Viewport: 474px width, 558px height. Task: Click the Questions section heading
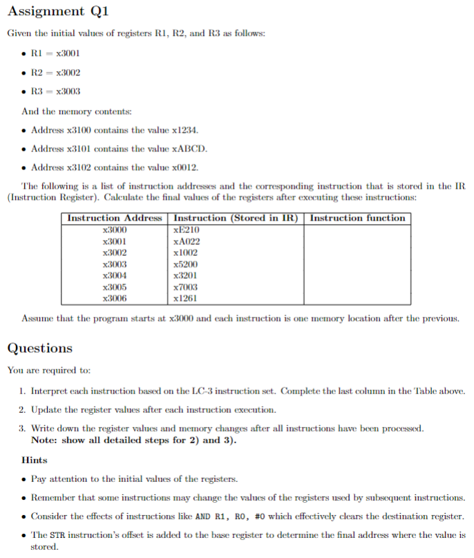tap(40, 348)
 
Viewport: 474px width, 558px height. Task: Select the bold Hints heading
tap(35, 460)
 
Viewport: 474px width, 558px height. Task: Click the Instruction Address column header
tap(114, 218)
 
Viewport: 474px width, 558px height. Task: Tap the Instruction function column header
tap(357, 218)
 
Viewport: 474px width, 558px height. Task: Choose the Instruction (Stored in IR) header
tap(235, 218)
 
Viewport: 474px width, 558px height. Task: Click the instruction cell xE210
tap(187, 230)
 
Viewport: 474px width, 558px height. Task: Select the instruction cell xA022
tap(187, 241)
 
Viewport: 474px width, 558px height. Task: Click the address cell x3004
tap(114, 275)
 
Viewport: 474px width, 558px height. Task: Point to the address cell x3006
tap(114, 298)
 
